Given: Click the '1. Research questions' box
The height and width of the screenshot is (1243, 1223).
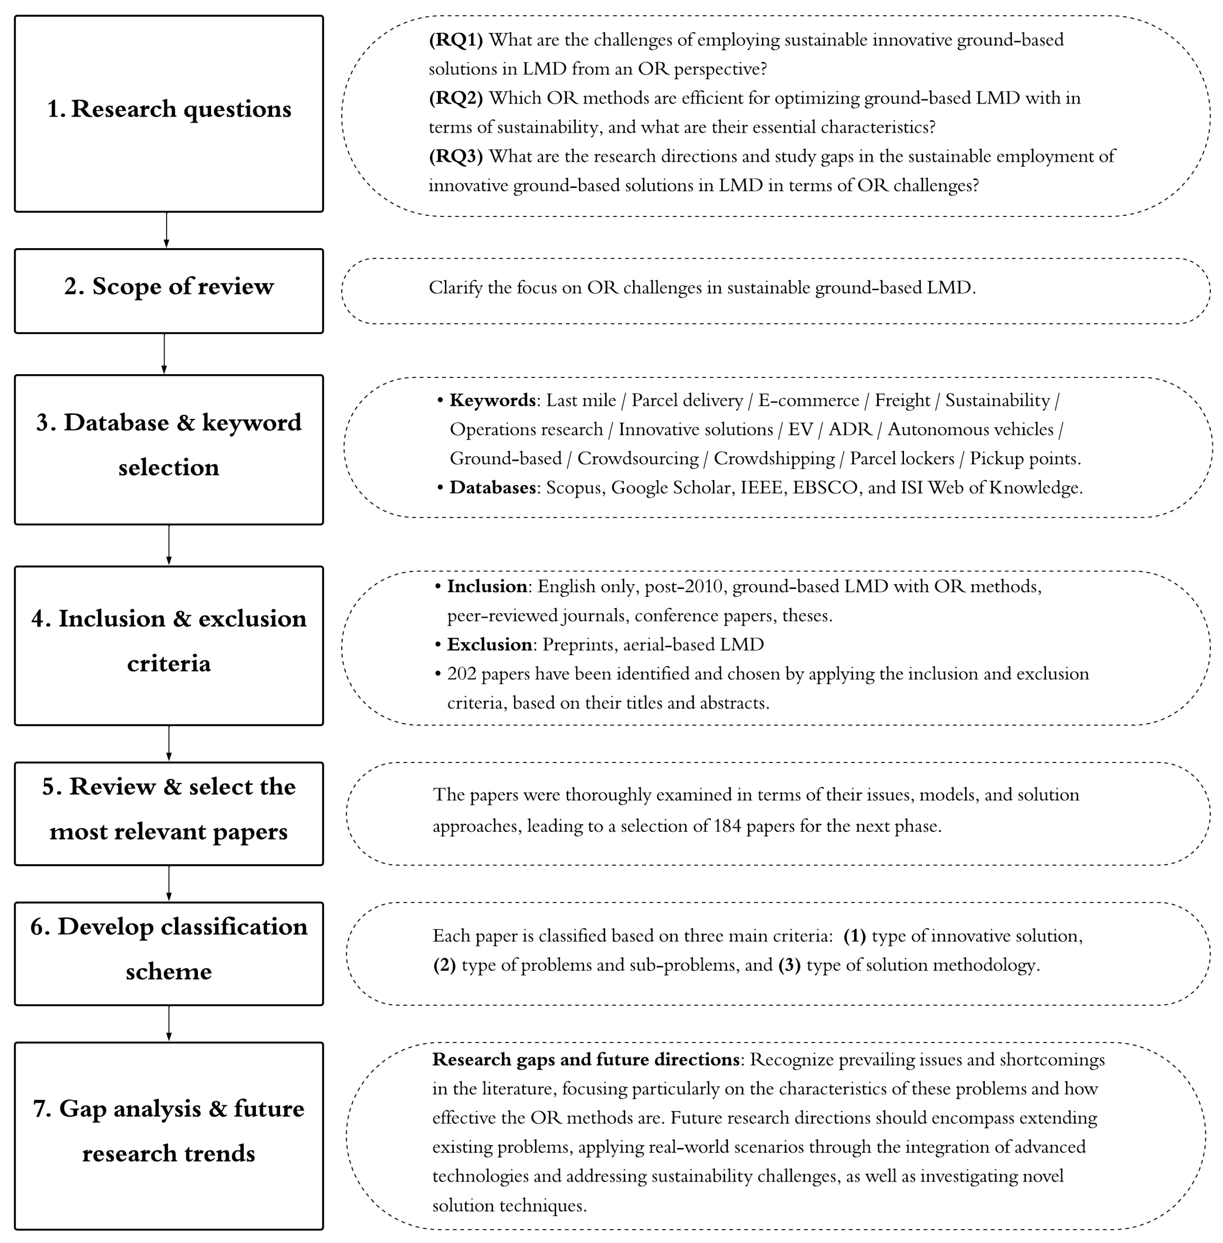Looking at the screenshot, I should (168, 114).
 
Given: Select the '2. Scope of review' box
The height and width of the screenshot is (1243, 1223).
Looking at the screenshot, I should (168, 291).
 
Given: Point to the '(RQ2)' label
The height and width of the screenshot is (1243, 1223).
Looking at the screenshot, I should (456, 98).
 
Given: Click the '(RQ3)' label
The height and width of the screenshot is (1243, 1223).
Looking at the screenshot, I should (456, 157).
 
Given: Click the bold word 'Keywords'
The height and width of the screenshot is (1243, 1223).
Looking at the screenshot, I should (492, 401).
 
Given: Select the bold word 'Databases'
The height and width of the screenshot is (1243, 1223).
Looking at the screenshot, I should (492, 488).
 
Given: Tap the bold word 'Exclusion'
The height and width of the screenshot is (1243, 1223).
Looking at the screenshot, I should (489, 645).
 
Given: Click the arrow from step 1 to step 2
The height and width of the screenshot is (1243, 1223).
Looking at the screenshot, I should (166, 230).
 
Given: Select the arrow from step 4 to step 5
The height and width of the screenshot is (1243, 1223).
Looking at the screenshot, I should (168, 743).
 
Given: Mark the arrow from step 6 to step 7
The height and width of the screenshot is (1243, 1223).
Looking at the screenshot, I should (168, 1023).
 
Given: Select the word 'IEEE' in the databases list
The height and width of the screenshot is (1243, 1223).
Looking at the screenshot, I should (761, 488).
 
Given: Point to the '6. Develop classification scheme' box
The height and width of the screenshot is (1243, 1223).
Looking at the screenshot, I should (168, 953).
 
